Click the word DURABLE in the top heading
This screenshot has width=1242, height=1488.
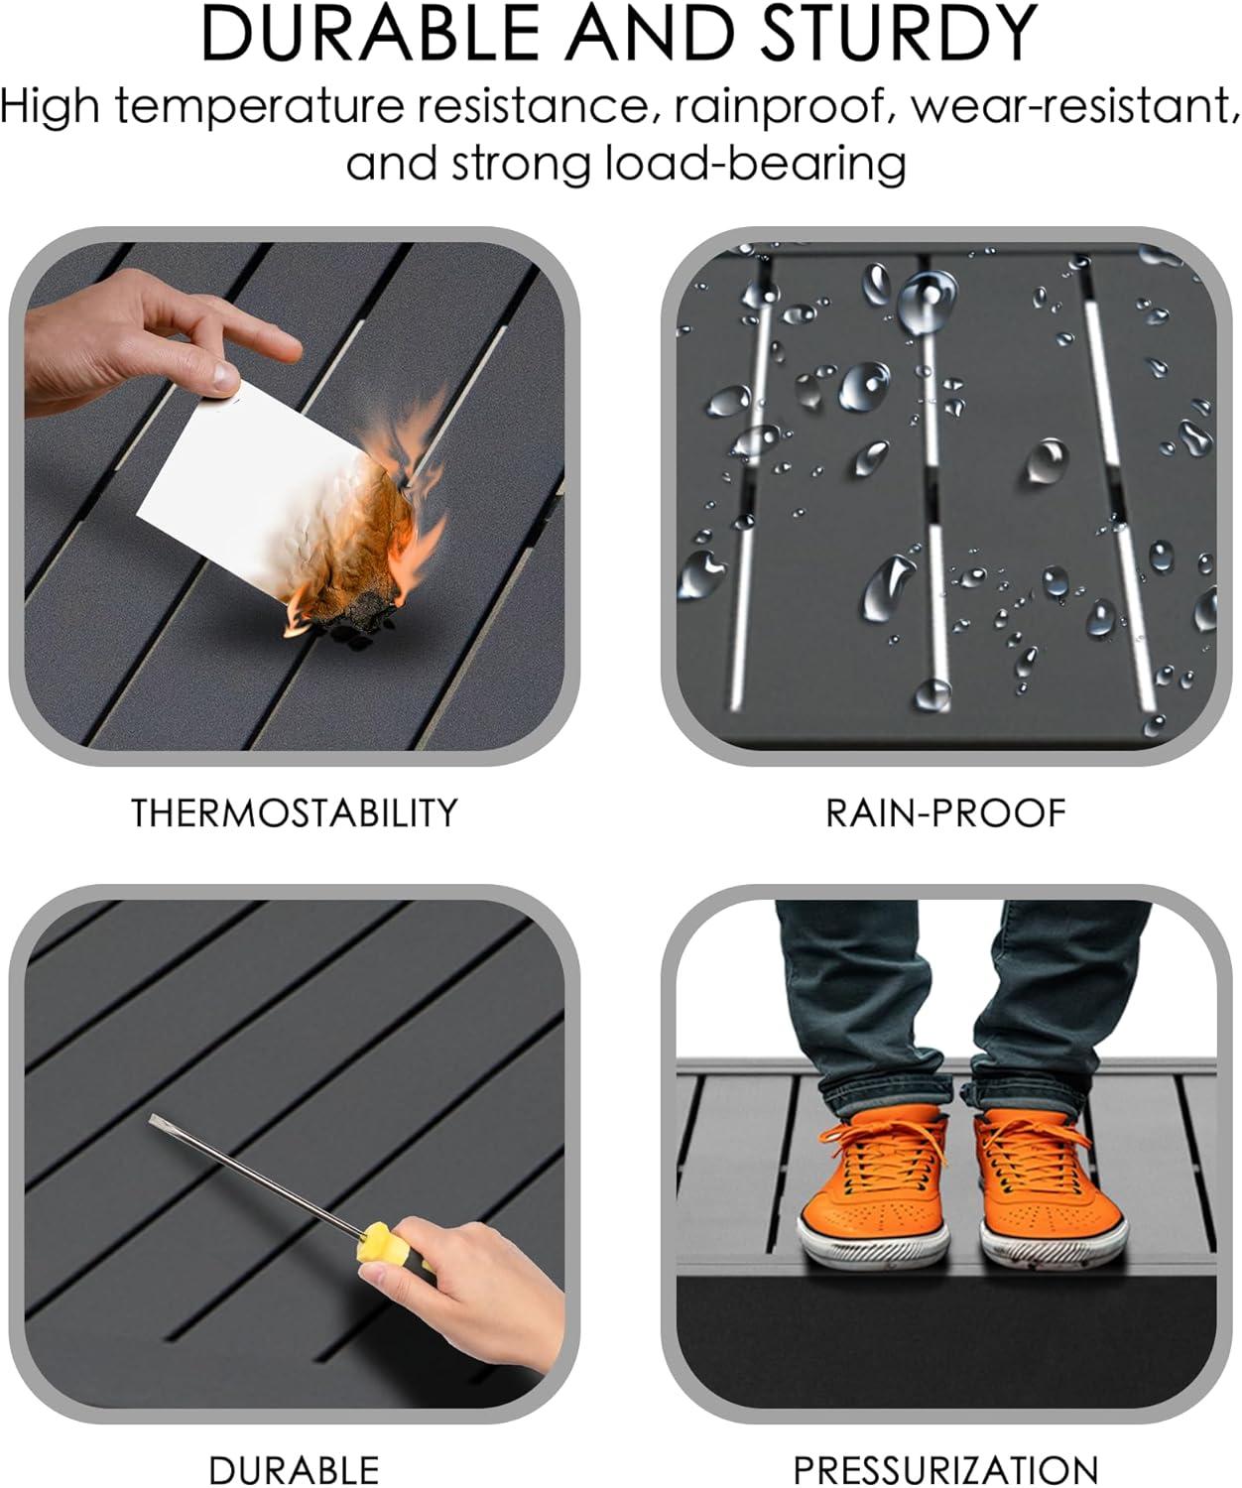tap(371, 33)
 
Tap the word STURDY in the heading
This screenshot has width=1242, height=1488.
tap(900, 33)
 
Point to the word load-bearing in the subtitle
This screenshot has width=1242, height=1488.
tap(755, 164)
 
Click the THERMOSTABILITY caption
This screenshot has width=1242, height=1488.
tap(295, 813)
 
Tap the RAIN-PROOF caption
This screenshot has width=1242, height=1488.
tap(945, 813)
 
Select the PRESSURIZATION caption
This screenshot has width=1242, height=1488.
tap(945, 1469)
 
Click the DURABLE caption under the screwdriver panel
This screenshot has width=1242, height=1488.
tap(295, 1469)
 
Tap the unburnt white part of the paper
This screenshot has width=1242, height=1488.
tap(235, 485)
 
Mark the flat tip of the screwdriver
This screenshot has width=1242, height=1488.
tap(153, 1120)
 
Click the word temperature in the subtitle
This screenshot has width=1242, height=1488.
tap(260, 108)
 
